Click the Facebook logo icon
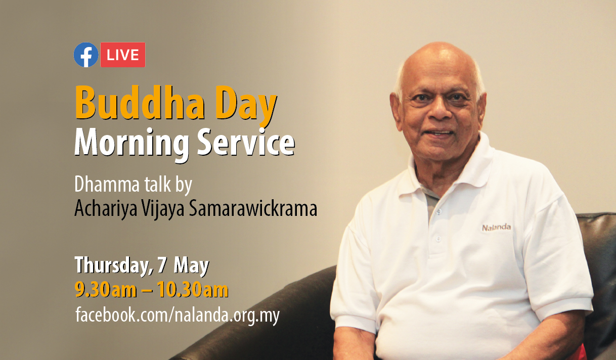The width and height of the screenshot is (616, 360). [86, 55]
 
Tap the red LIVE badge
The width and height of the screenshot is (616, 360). [123, 55]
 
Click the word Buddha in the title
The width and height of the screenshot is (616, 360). [140, 103]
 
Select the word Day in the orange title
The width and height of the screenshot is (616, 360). [246, 106]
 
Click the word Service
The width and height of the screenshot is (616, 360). [246, 142]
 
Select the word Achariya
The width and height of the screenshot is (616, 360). [106, 209]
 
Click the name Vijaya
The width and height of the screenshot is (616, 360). [163, 209]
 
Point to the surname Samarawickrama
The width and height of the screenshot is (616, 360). [253, 208]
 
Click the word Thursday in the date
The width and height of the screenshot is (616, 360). [114, 265]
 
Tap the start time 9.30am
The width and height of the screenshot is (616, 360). [106, 290]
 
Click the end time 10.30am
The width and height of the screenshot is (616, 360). [193, 290]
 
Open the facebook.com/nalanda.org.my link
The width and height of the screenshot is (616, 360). [178, 315]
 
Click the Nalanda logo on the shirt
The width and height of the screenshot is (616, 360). [496, 228]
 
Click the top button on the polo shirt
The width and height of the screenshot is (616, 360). [439, 211]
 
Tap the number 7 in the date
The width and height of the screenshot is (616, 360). [162, 265]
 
